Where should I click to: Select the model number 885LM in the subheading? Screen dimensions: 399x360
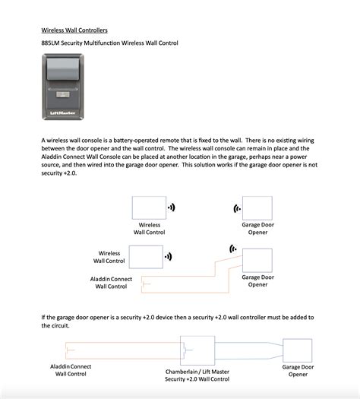coord(51,43)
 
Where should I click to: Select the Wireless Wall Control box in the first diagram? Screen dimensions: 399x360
coord(149,207)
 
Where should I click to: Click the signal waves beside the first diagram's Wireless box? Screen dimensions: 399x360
coord(172,207)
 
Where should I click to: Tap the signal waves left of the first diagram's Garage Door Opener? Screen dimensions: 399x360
coord(236,207)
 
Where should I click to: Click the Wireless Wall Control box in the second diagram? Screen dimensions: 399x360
coord(145,258)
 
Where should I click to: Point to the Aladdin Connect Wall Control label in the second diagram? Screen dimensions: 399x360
coord(111,283)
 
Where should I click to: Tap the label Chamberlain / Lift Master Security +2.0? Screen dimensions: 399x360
coord(197,375)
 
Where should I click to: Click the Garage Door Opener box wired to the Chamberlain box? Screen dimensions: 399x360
coord(297,351)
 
